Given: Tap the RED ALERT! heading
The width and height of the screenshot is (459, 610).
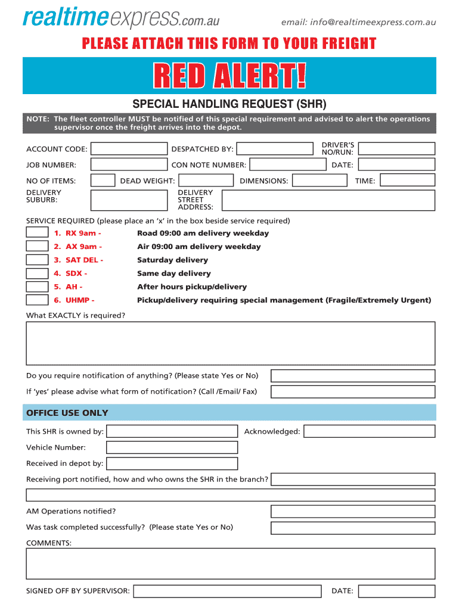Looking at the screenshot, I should [x=229, y=76].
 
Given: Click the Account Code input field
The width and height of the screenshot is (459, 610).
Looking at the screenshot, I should [x=129, y=148].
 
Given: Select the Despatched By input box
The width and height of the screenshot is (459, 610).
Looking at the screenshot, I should [x=274, y=148].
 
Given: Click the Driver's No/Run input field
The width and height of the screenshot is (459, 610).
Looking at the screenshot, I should [x=397, y=148].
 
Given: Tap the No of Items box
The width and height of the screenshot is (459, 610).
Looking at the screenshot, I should [x=103, y=180].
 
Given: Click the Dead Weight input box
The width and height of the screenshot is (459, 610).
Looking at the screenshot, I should [x=206, y=180].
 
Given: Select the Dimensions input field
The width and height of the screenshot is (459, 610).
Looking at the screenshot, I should [x=321, y=180].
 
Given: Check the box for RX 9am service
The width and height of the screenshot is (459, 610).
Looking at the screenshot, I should [x=37, y=232].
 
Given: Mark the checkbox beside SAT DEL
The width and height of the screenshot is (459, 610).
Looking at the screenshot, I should [x=37, y=260].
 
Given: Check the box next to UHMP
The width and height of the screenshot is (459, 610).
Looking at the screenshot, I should [x=37, y=300].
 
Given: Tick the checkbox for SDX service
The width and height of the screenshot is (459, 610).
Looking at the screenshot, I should [x=37, y=273].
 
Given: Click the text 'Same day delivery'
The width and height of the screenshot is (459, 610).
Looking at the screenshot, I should [x=174, y=273].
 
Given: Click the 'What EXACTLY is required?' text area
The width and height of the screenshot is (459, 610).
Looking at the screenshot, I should [x=230, y=343].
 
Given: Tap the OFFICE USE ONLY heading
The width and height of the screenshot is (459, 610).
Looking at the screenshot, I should [x=67, y=413].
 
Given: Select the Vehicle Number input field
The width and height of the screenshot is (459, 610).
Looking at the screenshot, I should [x=172, y=447].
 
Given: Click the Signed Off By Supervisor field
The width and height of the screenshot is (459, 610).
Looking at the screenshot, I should [x=231, y=591].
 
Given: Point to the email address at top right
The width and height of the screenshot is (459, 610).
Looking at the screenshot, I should [x=359, y=23].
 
